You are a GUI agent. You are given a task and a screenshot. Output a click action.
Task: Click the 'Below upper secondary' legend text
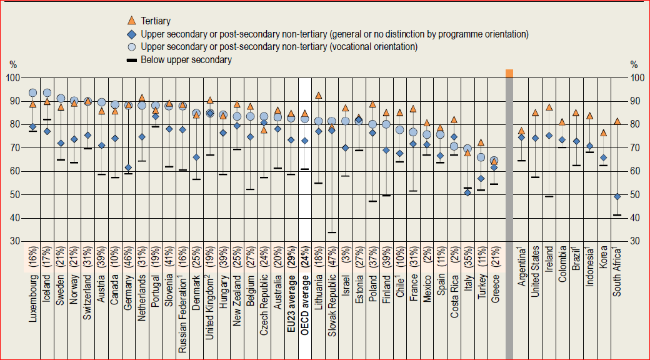(x=186, y=60)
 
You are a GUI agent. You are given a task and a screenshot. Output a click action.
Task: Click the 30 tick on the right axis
(x=635, y=241)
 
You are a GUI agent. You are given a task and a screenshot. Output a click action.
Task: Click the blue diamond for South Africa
(x=617, y=196)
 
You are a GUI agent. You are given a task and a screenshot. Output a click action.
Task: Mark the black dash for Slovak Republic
(x=332, y=232)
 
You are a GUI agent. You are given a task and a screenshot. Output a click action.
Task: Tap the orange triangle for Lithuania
(x=319, y=96)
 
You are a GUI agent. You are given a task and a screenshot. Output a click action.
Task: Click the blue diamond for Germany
(x=129, y=167)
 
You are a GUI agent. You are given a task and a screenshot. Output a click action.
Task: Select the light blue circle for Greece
(x=494, y=161)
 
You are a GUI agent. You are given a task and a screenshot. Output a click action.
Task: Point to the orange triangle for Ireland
(x=549, y=107)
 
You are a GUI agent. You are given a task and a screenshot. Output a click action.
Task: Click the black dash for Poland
(x=372, y=201)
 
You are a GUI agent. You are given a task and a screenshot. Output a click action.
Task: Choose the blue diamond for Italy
(x=467, y=192)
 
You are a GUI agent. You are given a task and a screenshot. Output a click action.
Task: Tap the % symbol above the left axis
(x=13, y=65)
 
